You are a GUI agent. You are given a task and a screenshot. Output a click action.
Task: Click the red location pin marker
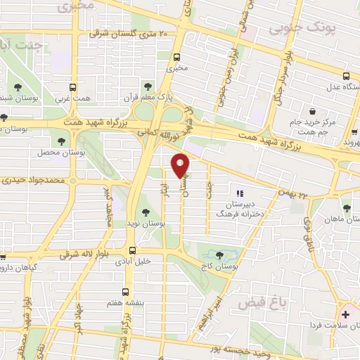click(x=181, y=165)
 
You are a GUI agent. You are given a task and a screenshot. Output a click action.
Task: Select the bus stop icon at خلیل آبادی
click(x=132, y=250)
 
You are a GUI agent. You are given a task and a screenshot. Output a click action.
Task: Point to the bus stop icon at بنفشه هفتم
click(x=126, y=292)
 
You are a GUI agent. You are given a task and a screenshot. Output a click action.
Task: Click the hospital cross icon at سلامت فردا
click(x=345, y=314)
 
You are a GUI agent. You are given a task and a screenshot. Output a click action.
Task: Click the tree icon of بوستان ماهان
click(x=347, y=208)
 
